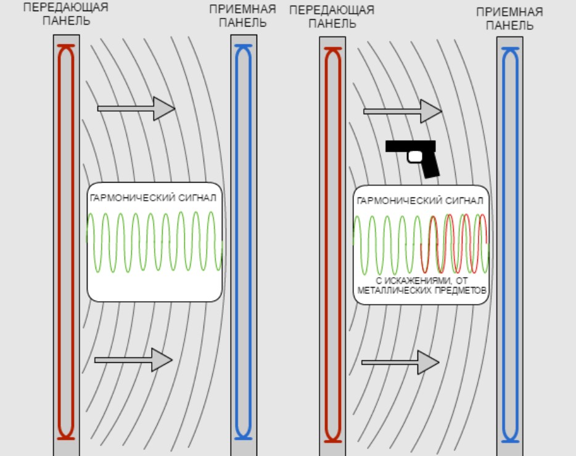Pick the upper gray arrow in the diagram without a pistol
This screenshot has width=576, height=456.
[136, 109]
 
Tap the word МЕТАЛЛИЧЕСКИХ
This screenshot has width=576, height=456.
[392, 289]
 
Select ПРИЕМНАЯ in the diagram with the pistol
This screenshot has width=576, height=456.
[509, 12]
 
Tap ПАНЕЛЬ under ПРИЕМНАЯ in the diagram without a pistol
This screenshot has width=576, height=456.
[242, 23]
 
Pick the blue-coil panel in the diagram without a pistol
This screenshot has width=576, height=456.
[244, 241]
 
